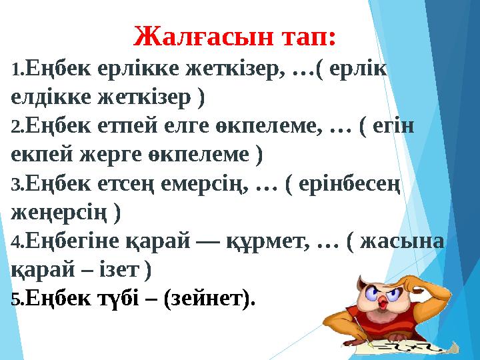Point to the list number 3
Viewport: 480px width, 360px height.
pyautogui.click(x=17, y=184)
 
